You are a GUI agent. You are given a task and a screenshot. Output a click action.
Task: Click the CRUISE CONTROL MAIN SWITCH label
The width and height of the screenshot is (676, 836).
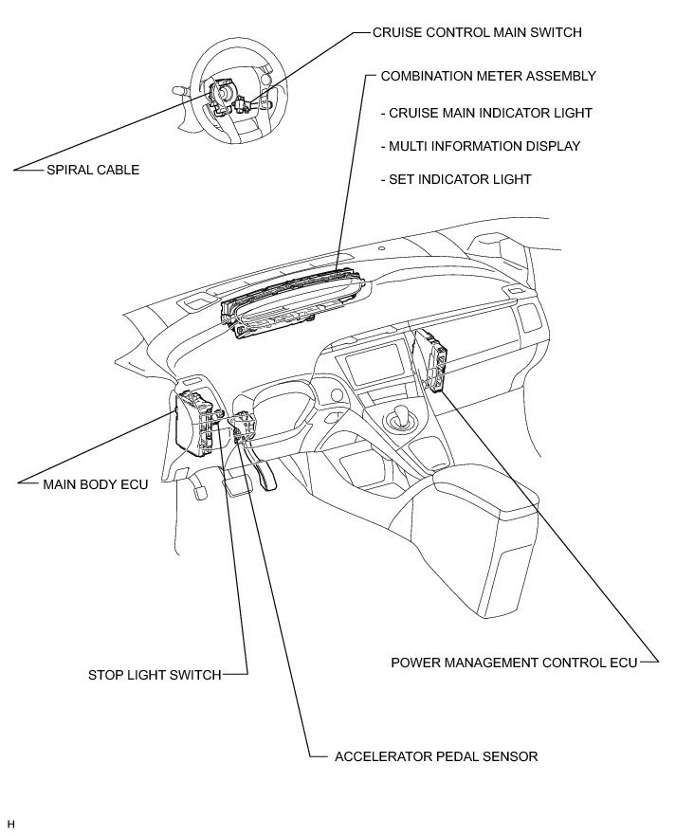[x=477, y=32]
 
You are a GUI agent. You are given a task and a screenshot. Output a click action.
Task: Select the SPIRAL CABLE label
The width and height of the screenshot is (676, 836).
[x=93, y=171]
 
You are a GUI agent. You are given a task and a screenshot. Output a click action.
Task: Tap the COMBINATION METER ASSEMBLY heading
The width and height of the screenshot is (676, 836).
[x=487, y=75]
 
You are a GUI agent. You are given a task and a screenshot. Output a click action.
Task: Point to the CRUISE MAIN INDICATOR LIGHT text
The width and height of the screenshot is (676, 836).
[x=485, y=113]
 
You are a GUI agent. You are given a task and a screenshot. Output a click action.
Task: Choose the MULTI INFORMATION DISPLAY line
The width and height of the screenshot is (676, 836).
[x=480, y=146]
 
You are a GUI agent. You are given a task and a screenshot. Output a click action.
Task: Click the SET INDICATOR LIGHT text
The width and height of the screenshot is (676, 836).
[x=455, y=179]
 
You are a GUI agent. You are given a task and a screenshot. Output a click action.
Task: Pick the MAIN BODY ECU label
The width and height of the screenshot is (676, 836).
[x=96, y=482]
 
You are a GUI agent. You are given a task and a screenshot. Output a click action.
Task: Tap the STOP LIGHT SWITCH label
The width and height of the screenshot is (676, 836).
[x=155, y=675]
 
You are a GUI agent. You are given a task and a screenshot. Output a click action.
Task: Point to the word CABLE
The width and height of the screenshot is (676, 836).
[x=118, y=171]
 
